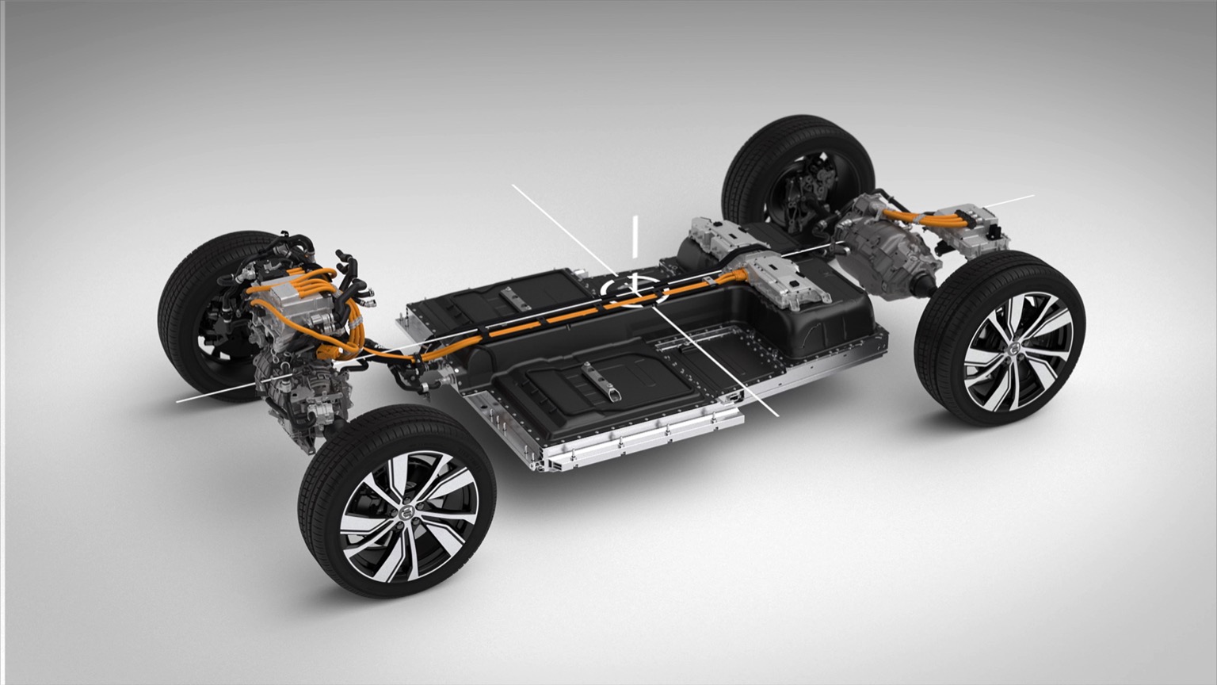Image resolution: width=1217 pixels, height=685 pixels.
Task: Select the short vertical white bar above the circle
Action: coord(635,236)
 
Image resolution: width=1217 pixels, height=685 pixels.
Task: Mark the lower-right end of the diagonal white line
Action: coord(777,414)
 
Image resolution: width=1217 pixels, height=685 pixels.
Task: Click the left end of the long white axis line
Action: coord(177,400)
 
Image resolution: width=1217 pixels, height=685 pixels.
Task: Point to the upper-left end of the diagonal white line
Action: coord(513,186)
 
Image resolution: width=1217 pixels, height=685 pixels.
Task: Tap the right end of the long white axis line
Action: coord(1032,195)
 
